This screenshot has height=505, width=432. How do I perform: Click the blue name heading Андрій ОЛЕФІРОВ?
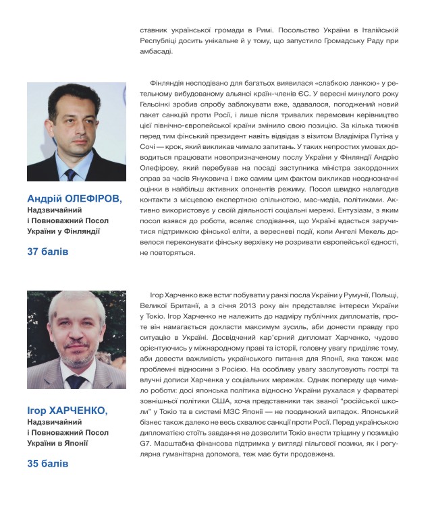(x=74, y=199)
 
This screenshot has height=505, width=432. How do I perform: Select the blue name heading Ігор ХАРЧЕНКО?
(x=67, y=411)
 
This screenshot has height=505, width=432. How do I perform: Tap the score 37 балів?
(x=48, y=251)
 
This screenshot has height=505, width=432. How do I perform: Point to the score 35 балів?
(x=48, y=464)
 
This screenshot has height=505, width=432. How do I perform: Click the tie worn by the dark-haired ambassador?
(x=71, y=175)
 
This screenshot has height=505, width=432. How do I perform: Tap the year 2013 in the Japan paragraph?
(x=254, y=305)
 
